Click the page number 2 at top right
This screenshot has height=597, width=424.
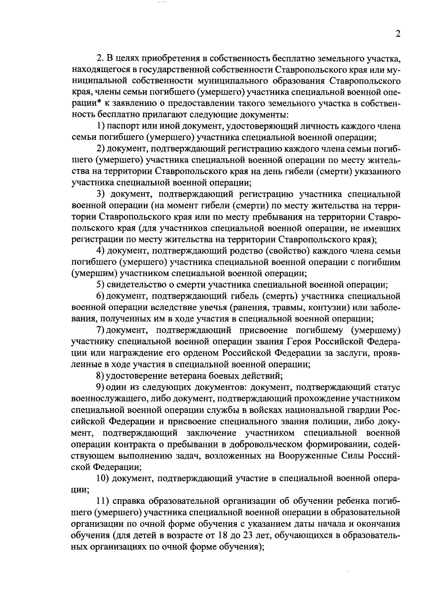[x=398, y=34]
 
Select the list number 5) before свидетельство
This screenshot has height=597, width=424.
[x=101, y=285]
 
